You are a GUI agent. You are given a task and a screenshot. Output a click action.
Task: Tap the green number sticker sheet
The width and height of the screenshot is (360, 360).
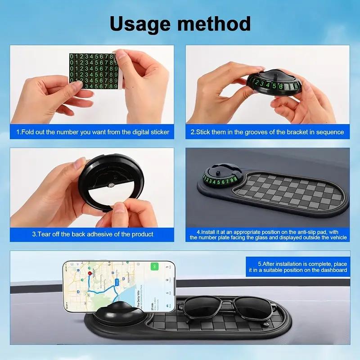[94, 71]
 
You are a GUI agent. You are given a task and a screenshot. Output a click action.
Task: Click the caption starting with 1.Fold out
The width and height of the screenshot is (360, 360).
[93, 132]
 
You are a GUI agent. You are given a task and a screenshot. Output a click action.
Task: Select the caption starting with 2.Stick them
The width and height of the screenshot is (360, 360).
[267, 132]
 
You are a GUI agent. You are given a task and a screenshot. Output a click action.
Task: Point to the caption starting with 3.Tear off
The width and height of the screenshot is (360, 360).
[93, 234]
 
